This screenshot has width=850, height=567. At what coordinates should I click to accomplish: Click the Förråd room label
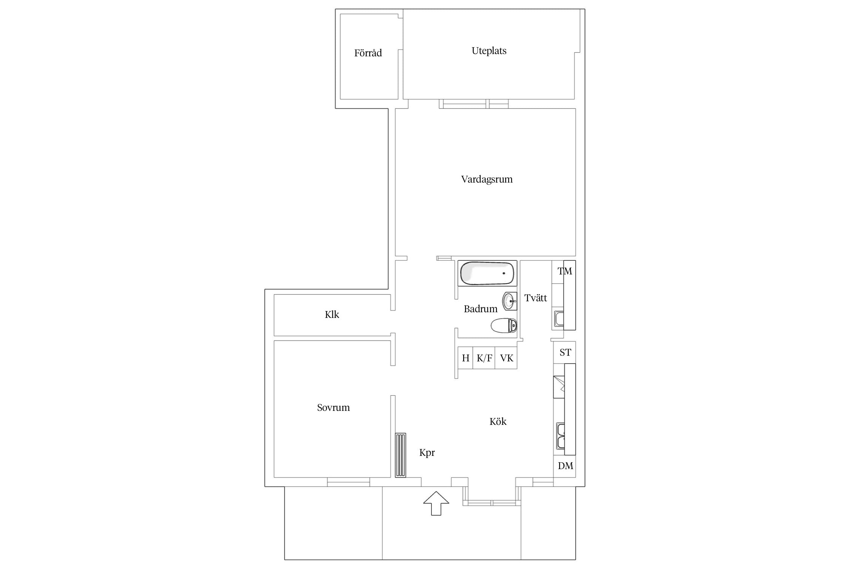[368, 53]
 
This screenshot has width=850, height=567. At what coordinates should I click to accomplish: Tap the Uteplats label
[489, 51]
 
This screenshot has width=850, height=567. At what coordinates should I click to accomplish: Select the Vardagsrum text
[487, 179]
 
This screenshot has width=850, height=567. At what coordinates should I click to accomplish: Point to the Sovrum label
[333, 407]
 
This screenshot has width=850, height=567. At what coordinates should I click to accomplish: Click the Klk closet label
[332, 314]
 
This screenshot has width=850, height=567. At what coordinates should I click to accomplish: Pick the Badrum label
[481, 309]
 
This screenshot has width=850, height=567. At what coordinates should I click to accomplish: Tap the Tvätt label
[536, 298]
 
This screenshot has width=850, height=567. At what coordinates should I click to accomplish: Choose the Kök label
[498, 421]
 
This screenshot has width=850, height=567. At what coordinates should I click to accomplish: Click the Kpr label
[427, 453]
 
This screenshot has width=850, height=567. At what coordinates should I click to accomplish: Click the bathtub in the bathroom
[487, 273]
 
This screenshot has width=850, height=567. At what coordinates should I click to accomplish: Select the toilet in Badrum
[504, 325]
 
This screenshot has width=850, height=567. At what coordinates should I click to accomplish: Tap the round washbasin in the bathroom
[509, 301]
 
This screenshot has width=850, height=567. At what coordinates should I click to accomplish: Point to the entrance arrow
[436, 503]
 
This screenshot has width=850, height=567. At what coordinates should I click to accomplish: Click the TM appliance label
[565, 271]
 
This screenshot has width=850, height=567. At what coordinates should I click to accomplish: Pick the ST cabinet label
[565, 352]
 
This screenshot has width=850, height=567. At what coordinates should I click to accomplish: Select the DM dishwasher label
[566, 466]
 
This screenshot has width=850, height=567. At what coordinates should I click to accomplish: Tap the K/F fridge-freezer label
[484, 358]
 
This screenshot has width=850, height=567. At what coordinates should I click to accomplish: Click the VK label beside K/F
[507, 358]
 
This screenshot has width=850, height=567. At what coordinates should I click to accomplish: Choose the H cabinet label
[466, 358]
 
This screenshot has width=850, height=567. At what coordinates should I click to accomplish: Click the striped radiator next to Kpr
[400, 455]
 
